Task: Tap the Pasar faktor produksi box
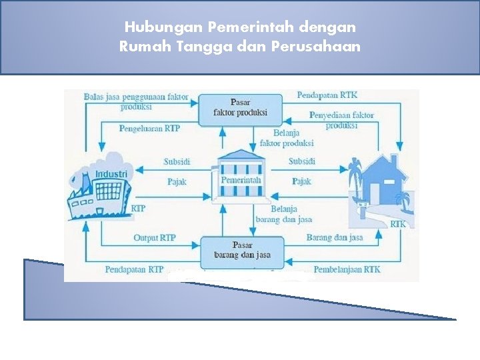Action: pos(240,107)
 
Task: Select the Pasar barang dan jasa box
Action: pos(242,250)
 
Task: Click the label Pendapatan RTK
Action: pos(327,95)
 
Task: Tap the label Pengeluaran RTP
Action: pos(149,128)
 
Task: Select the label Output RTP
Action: pos(154,237)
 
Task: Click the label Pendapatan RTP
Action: pos(134,269)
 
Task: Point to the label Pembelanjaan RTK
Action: pos(347,269)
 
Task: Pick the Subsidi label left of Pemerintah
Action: pos(177,161)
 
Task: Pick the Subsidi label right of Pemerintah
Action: pos(302,161)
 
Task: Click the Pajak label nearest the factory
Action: pos(177,181)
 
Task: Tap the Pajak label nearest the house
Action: pos(301,181)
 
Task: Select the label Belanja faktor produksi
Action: pos(286,138)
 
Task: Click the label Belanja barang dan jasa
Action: pos(283,214)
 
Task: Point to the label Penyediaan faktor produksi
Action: pos(341,120)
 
